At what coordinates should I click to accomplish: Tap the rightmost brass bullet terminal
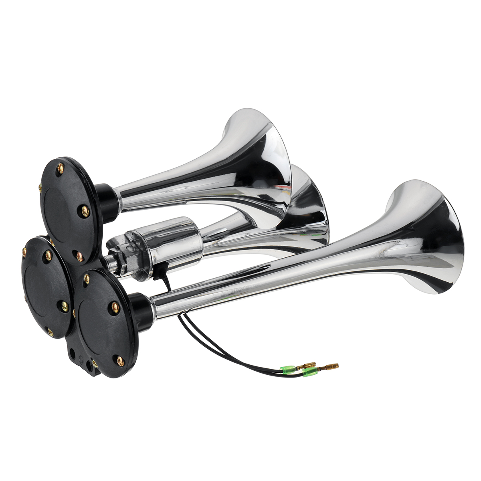click(329, 366)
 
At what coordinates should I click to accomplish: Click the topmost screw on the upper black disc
click(61, 169)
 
